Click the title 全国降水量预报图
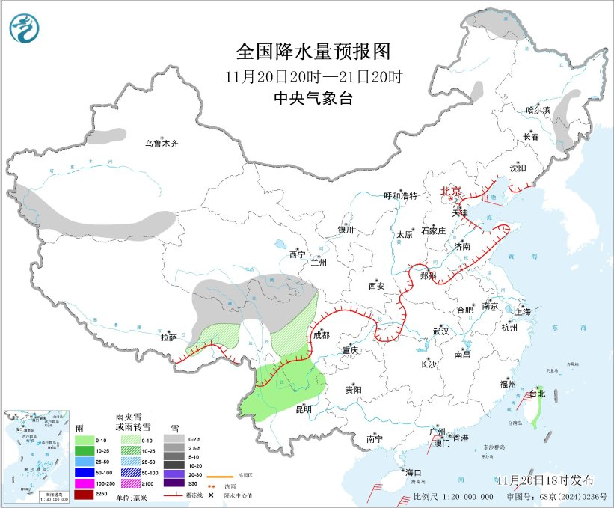click(313, 51)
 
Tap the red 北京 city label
click(451, 191)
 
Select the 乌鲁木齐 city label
click(162, 143)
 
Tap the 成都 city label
click(321, 335)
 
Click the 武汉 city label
click(440, 331)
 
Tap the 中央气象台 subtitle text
click(313, 98)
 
